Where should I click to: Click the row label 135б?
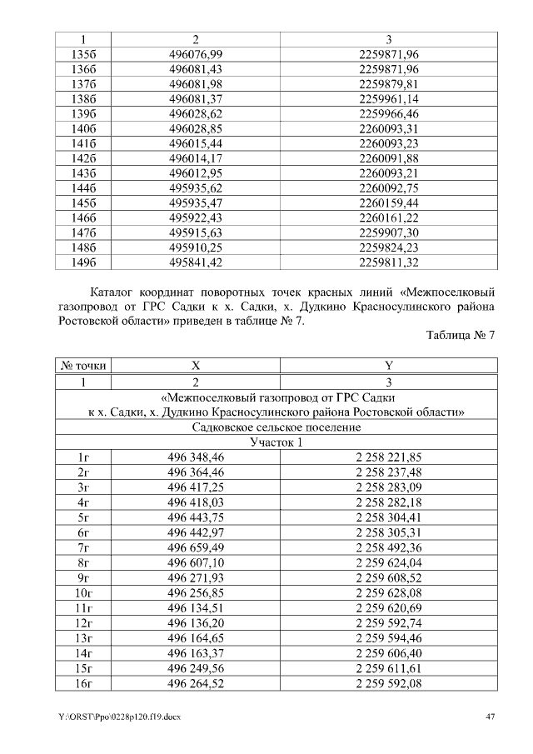(84, 53)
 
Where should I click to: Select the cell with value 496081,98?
(196, 83)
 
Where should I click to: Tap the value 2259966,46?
(387, 113)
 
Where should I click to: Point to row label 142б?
(84, 158)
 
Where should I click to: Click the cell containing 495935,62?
(196, 188)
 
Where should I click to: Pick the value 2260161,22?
(387, 218)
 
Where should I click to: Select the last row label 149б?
(84, 262)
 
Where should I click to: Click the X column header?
(196, 366)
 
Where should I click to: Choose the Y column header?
(387, 366)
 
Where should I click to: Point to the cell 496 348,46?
(196, 457)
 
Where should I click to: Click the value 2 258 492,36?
(387, 547)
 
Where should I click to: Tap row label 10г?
(84, 592)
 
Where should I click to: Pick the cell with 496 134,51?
(196, 607)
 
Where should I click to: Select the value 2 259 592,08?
(387, 683)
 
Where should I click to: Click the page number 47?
(490, 717)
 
